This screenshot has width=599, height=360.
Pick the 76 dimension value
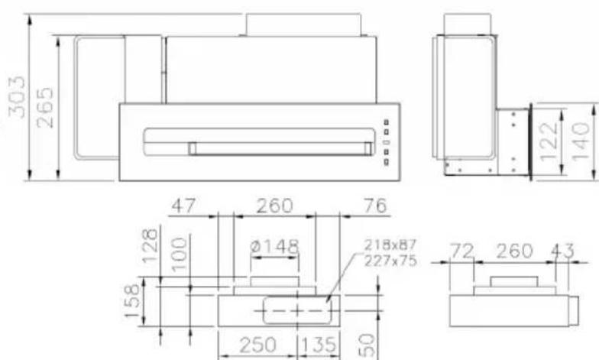coord(375,206)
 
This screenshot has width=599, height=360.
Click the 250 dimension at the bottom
coord(259,345)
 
